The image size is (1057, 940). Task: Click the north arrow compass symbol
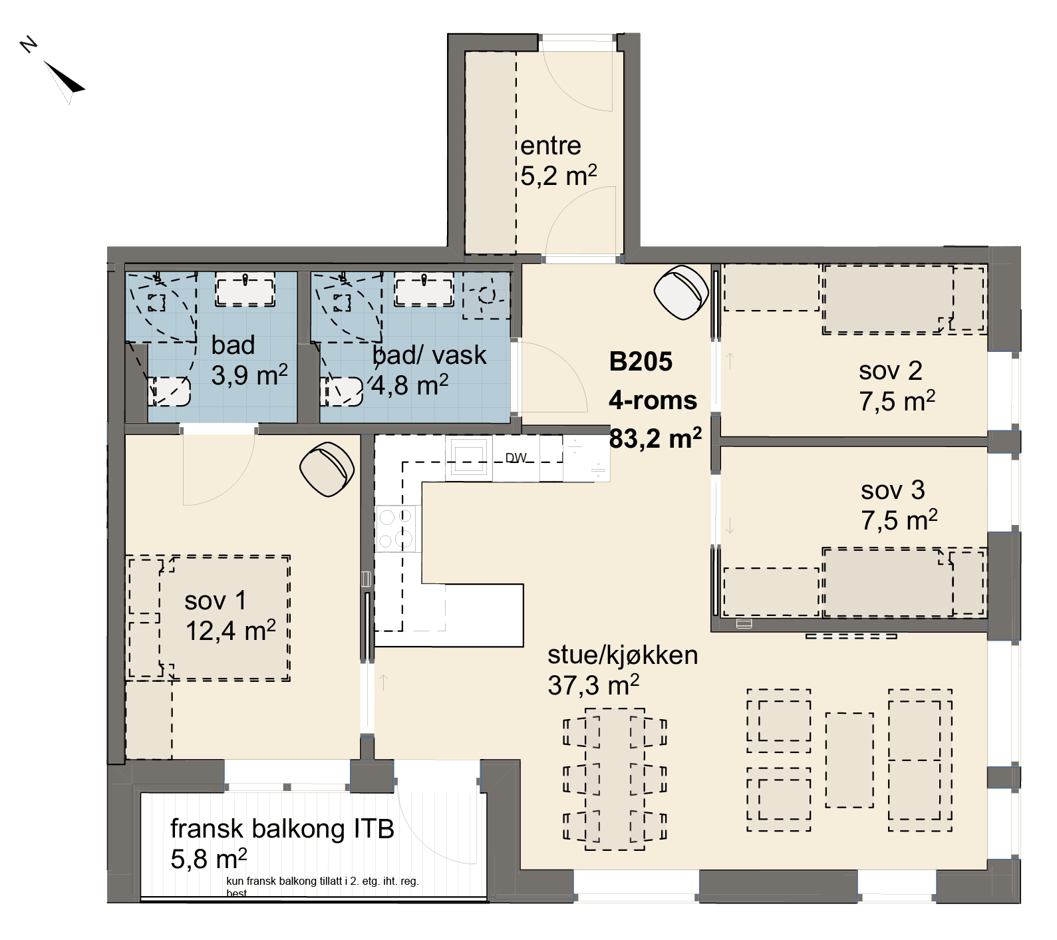point(63,81)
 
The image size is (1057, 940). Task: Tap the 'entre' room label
point(550,146)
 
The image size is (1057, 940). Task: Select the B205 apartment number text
point(641,362)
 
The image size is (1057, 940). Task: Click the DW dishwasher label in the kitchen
point(516,458)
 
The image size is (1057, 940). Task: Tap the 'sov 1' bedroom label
point(216,601)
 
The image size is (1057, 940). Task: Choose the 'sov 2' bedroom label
point(890,371)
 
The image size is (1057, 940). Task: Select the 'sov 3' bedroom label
point(893,490)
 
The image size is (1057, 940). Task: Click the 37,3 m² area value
point(593,685)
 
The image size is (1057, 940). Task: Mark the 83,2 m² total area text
point(655,439)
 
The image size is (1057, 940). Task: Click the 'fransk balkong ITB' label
point(282,829)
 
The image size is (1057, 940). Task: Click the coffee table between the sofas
point(849,760)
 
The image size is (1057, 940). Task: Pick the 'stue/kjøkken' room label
point(623,655)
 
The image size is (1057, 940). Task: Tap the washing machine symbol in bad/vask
point(486,294)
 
